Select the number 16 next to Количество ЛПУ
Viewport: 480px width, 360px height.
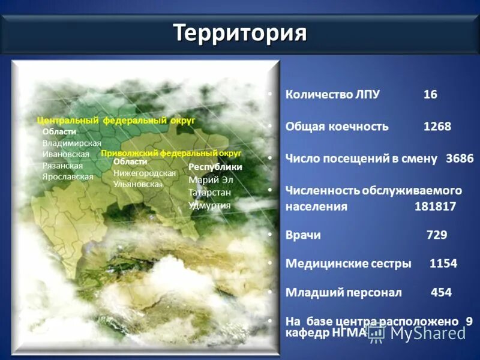click(430, 95)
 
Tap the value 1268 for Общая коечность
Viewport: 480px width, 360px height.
click(437, 127)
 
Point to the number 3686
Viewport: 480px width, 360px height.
click(460, 158)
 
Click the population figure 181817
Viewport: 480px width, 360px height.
click(435, 206)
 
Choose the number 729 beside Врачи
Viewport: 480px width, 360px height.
click(436, 235)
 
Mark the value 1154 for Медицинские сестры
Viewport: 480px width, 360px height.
click(443, 263)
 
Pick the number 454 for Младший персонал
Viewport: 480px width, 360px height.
click(441, 292)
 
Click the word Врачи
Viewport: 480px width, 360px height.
click(303, 235)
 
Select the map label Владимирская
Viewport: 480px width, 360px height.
click(72, 143)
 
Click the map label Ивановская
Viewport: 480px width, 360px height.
click(66, 154)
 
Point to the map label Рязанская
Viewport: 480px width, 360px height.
click(63, 166)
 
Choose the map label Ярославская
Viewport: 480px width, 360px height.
click(68, 177)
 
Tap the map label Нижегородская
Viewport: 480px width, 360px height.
click(145, 173)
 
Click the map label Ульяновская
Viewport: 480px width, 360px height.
click(138, 184)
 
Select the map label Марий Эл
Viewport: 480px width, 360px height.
click(211, 179)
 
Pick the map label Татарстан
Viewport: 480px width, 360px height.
click(209, 192)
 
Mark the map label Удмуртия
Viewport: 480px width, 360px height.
click(209, 205)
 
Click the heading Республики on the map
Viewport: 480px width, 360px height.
click(215, 167)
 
